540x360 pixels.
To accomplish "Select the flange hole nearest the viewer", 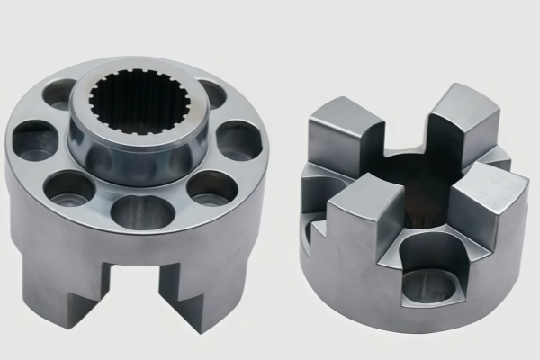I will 141,211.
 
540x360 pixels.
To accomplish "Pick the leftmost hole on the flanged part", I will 33,140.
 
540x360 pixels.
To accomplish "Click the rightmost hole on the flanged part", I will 239,139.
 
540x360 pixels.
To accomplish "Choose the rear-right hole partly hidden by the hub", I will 212,93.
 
